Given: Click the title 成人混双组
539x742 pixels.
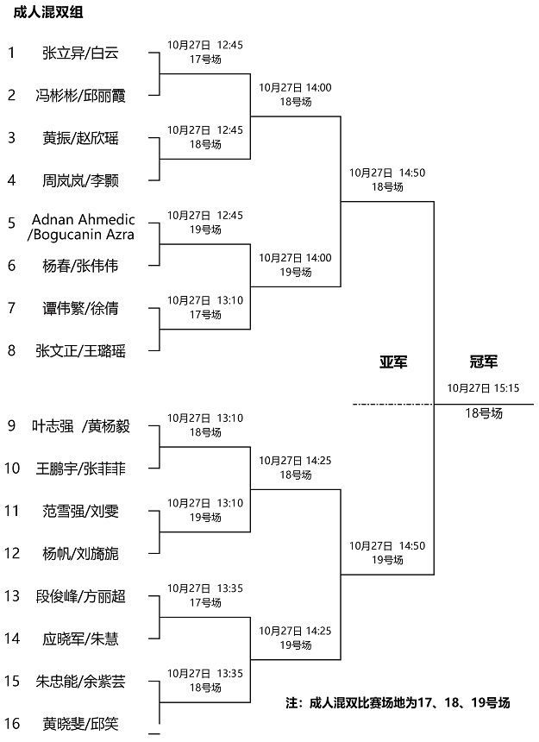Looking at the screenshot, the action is coord(47,12).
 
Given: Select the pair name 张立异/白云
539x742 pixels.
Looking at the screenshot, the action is coord(80,53).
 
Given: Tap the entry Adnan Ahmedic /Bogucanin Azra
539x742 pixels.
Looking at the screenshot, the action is coord(81,227).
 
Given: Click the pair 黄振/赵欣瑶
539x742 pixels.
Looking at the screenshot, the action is coord(80,138).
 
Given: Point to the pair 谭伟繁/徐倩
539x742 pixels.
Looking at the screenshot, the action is coord(80,309).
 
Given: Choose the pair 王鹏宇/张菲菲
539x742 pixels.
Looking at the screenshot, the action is coord(80,469).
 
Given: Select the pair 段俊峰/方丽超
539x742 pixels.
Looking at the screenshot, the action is coord(80,596).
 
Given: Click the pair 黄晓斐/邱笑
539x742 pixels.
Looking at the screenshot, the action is coord(80,724).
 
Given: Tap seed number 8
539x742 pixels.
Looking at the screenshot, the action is coord(12,350).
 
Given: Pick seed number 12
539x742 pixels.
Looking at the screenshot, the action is coord(12,553).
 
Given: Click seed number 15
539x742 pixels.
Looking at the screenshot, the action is coord(12,681).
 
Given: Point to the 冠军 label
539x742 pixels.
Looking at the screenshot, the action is coord(483,362).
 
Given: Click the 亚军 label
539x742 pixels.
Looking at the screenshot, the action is coord(393,362).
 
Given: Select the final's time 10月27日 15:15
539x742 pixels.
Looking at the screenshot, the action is coord(483,388).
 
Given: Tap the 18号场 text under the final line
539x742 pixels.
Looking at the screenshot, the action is coord(484,413).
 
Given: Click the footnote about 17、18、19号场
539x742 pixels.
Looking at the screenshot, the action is coord(398,702).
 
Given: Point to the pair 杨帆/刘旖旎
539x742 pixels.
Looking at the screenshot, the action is coord(80,554).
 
